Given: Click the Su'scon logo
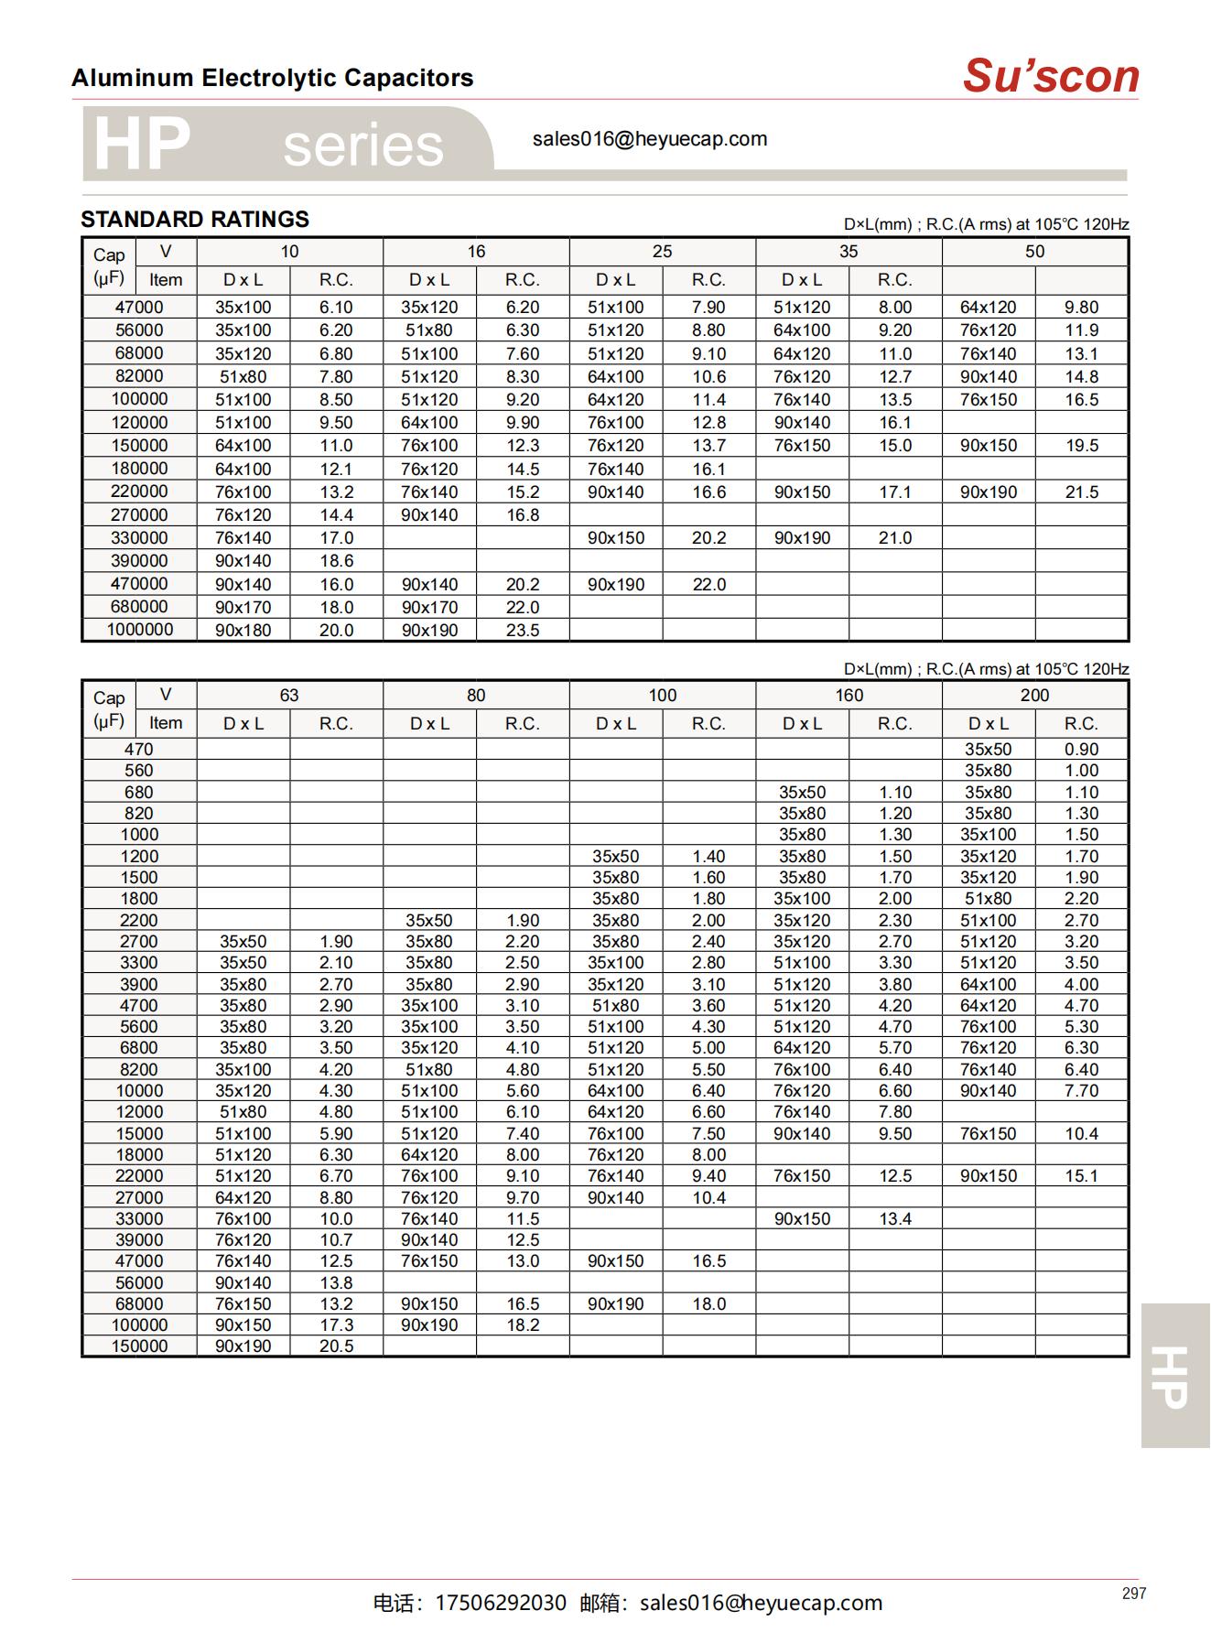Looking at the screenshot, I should (1050, 76).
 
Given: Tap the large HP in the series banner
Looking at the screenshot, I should (142, 145).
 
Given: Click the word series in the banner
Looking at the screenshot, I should (362, 146).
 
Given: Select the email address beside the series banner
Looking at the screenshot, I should (649, 139).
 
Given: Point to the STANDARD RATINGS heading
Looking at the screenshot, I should (195, 220).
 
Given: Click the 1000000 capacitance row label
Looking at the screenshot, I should (139, 630).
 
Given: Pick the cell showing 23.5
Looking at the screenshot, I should (523, 630).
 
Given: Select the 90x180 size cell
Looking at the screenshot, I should (243, 630).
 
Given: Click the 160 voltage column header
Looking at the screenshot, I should (849, 695).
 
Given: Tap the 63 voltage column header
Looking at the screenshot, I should (289, 695).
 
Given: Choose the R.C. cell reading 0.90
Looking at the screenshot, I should (1081, 749).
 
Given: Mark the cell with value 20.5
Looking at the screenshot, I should (336, 1346).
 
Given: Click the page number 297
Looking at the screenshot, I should (1133, 1594).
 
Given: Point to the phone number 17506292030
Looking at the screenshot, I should (500, 1603).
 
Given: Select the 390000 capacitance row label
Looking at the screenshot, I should (139, 560).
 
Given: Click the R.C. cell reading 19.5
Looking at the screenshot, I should (1081, 446).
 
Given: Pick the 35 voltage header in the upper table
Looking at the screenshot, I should (849, 252).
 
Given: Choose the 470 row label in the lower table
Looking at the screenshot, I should (139, 749).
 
